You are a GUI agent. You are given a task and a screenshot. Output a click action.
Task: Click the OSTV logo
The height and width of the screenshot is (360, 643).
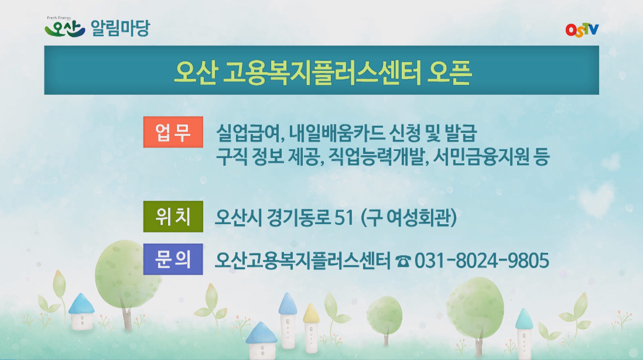[x=582, y=29]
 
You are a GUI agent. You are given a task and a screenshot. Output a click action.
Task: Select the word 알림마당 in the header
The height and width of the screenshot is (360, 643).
[x=121, y=28]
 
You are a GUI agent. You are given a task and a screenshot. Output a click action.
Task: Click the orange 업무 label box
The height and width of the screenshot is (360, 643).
[x=173, y=133]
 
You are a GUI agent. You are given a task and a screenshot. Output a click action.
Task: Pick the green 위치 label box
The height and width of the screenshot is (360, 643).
[x=173, y=217]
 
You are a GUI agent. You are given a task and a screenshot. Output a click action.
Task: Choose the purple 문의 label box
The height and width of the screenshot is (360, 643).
[x=173, y=259]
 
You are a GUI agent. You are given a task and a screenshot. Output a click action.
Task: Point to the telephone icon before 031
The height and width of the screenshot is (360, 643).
[x=403, y=260]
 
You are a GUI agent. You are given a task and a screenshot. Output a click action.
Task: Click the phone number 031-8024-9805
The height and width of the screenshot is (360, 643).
[x=481, y=260]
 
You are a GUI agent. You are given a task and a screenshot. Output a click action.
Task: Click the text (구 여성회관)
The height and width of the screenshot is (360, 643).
[x=409, y=218]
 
